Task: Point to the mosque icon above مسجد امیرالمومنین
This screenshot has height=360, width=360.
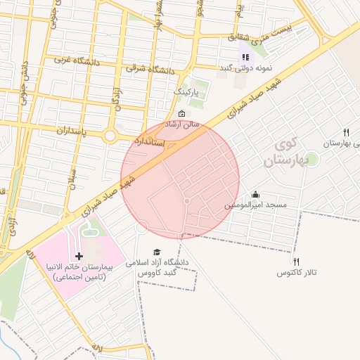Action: coord(255,195)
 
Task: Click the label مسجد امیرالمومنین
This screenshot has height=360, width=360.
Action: coord(255,205)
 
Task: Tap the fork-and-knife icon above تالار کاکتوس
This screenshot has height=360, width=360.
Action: coord(297,262)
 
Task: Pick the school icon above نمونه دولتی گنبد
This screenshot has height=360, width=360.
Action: coord(245,57)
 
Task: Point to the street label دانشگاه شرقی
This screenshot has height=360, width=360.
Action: coord(150,70)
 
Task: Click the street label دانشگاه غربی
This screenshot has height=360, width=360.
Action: coord(78,60)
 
